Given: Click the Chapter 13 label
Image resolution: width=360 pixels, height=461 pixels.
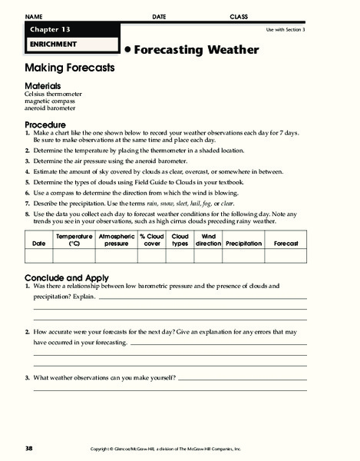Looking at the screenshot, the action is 49,28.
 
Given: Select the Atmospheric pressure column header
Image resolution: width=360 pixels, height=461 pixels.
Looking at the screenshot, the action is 116,240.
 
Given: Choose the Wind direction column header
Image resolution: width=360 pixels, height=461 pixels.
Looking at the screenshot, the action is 208,240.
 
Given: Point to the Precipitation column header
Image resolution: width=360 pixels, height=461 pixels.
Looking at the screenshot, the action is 243,243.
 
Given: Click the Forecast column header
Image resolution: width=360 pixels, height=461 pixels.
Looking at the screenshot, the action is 286,243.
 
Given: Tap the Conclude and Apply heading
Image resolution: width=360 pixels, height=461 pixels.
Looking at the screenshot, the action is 66,277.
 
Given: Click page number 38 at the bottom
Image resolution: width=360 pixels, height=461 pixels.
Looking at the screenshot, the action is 28,448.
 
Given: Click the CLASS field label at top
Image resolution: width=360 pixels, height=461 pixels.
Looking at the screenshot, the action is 239,15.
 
